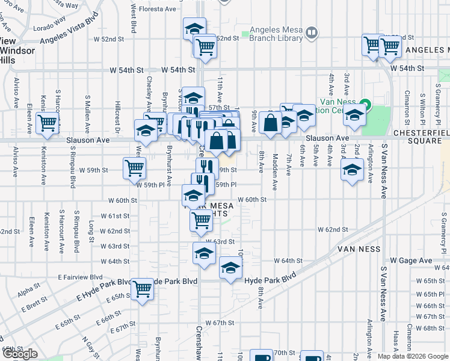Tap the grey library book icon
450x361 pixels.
(312, 32)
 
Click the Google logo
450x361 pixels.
(20, 354)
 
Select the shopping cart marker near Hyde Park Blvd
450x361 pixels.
(143, 289)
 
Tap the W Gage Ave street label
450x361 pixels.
(411, 261)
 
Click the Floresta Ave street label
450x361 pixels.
(157, 9)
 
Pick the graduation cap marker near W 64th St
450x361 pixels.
(205, 253)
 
